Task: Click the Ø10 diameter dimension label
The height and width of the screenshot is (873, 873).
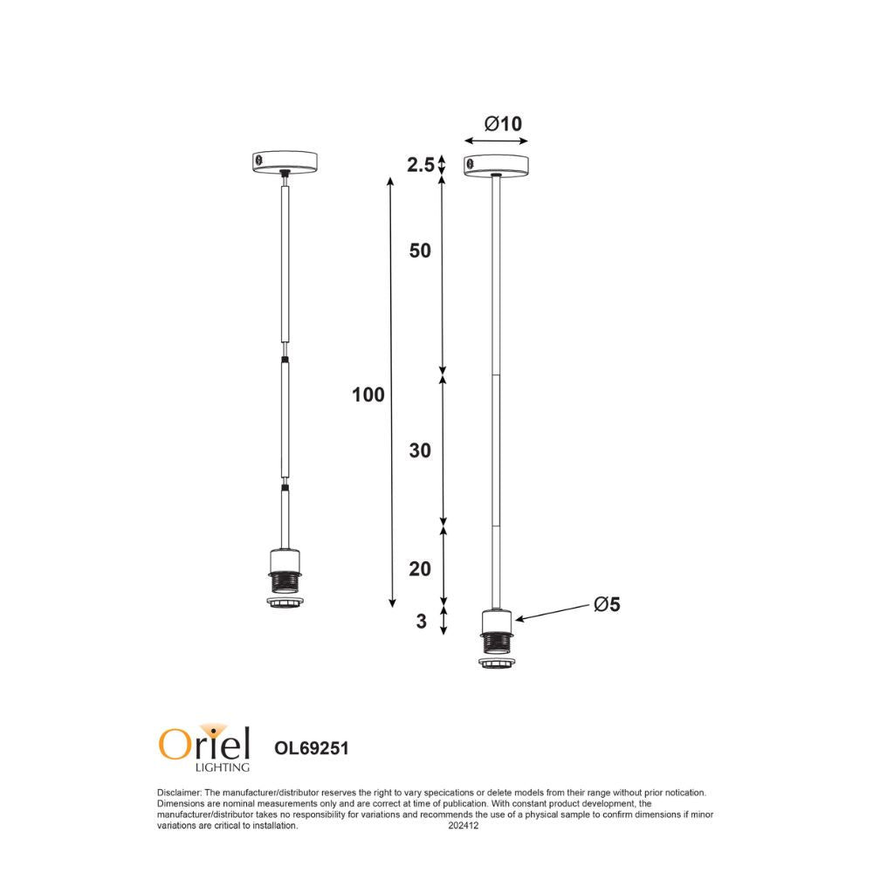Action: (x=503, y=124)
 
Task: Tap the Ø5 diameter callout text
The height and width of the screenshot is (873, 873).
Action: (x=606, y=604)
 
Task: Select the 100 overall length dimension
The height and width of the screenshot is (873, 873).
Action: (x=368, y=395)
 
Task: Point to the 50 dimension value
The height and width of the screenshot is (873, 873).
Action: (x=420, y=251)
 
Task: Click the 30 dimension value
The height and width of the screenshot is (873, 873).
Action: (x=420, y=451)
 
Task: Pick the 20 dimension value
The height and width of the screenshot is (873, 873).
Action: (x=420, y=569)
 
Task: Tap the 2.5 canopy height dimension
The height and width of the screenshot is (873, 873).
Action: (x=420, y=164)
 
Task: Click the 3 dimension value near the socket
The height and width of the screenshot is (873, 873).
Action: (x=421, y=622)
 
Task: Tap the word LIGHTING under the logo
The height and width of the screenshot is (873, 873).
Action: (x=221, y=768)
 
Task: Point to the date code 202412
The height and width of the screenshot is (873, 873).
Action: (x=464, y=825)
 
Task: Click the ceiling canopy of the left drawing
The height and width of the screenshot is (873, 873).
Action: (x=283, y=162)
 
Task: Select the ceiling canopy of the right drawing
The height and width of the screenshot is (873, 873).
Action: (x=496, y=165)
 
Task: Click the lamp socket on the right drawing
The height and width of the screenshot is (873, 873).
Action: (x=496, y=633)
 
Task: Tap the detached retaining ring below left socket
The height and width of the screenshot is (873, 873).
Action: (x=283, y=603)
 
